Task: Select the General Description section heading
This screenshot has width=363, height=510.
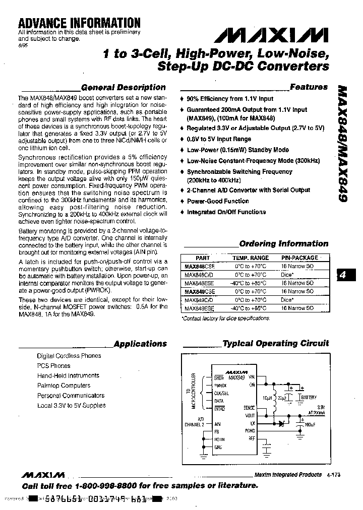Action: (123, 87)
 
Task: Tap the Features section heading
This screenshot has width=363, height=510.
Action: (309, 87)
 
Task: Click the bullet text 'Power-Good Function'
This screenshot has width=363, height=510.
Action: (218, 201)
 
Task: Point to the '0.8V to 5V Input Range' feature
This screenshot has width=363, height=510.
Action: (219, 139)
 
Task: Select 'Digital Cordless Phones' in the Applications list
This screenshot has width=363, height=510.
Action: (69, 356)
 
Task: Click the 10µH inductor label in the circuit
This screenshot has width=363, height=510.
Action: (268, 398)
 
